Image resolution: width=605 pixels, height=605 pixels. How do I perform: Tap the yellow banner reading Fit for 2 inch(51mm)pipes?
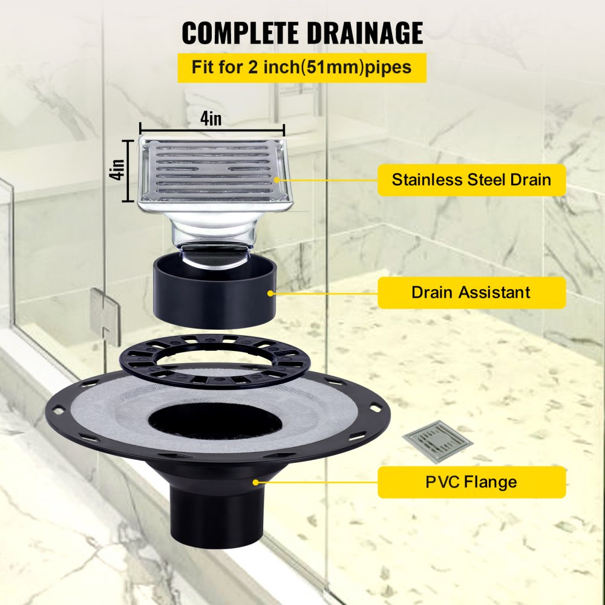point(302,67)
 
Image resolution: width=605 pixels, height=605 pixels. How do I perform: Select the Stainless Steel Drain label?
point(471,180)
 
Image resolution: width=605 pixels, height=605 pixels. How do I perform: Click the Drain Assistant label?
point(471,292)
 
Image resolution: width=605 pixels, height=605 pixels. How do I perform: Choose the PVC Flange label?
point(471,482)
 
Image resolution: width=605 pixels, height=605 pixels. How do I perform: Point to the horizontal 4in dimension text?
point(211,118)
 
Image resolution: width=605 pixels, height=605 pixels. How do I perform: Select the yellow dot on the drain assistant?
point(270,293)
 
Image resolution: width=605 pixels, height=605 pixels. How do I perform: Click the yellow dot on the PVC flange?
point(256,482)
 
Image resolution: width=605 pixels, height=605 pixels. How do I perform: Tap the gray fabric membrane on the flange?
point(121,411)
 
